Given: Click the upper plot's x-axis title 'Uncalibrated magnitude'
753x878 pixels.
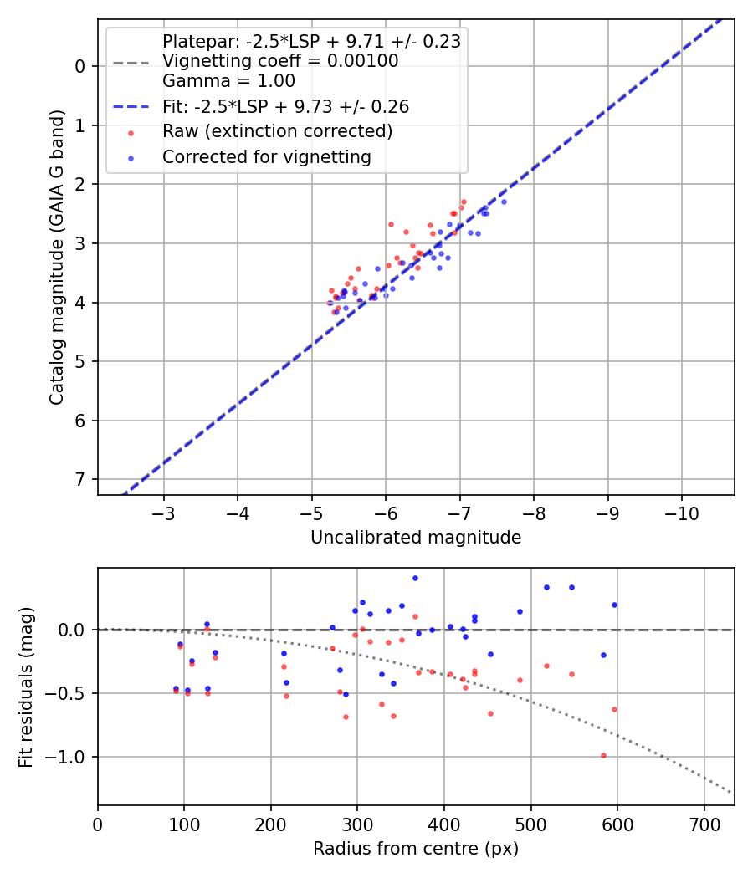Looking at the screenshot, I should (x=416, y=538).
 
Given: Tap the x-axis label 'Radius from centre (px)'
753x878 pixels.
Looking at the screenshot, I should (x=416, y=849).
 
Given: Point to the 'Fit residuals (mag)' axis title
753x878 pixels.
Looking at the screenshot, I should (x=27, y=687).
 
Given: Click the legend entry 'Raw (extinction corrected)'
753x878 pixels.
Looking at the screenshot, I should (x=277, y=131).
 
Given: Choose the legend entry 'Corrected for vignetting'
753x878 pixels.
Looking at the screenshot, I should (x=266, y=156).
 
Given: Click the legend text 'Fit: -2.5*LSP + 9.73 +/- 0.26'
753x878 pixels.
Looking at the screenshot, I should (x=285, y=106).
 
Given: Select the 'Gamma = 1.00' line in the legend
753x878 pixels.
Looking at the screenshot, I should (x=228, y=81).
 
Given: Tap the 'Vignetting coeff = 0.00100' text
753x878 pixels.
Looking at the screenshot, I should (x=280, y=61).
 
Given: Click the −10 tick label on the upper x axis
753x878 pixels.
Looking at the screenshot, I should (x=680, y=512).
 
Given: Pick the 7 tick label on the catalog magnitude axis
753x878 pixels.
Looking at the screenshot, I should (x=81, y=479).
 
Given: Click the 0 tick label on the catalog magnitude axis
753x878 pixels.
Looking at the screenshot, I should (x=81, y=66).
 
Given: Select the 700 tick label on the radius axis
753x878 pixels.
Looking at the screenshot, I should (x=704, y=823).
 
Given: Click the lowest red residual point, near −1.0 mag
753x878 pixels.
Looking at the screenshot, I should (x=602, y=755).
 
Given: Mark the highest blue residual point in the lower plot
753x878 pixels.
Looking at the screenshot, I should (x=415, y=578).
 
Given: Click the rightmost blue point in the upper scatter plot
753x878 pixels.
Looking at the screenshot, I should (x=504, y=202).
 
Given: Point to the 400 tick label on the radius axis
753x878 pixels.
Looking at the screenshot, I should (x=444, y=823).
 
